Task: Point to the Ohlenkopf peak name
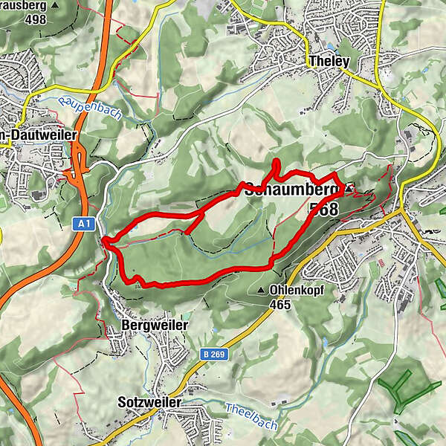click(x=295, y=290)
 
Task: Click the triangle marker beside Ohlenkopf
click(x=261, y=290)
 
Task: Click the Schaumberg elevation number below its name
click(x=324, y=209)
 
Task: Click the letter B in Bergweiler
click(x=124, y=326)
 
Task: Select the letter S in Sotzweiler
click(x=123, y=402)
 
